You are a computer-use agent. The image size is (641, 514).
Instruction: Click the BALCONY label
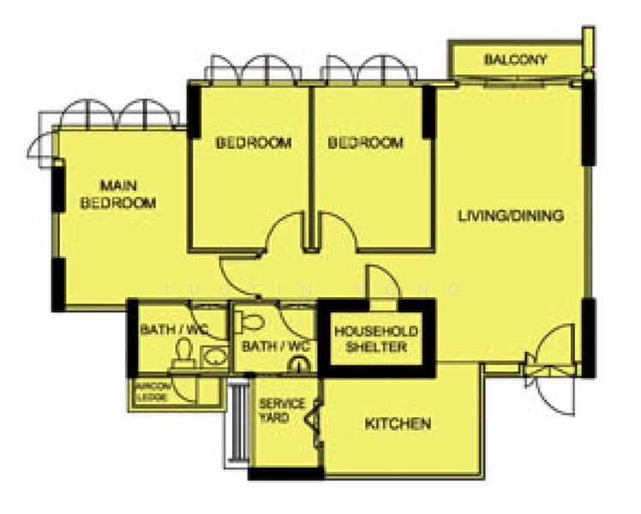click(515, 60)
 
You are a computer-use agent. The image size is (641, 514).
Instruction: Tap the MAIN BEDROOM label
click(118, 194)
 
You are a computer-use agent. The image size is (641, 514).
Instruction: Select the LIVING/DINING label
click(511, 216)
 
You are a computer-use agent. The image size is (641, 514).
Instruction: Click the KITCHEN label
click(398, 424)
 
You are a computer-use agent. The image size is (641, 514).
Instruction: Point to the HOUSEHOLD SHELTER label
click(376, 338)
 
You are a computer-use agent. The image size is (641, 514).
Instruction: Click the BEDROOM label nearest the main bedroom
click(253, 142)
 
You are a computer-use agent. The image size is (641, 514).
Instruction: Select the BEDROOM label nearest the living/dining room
click(366, 142)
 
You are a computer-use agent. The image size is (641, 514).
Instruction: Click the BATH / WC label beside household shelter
click(274, 347)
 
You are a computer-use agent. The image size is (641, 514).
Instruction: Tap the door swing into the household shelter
click(377, 282)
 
